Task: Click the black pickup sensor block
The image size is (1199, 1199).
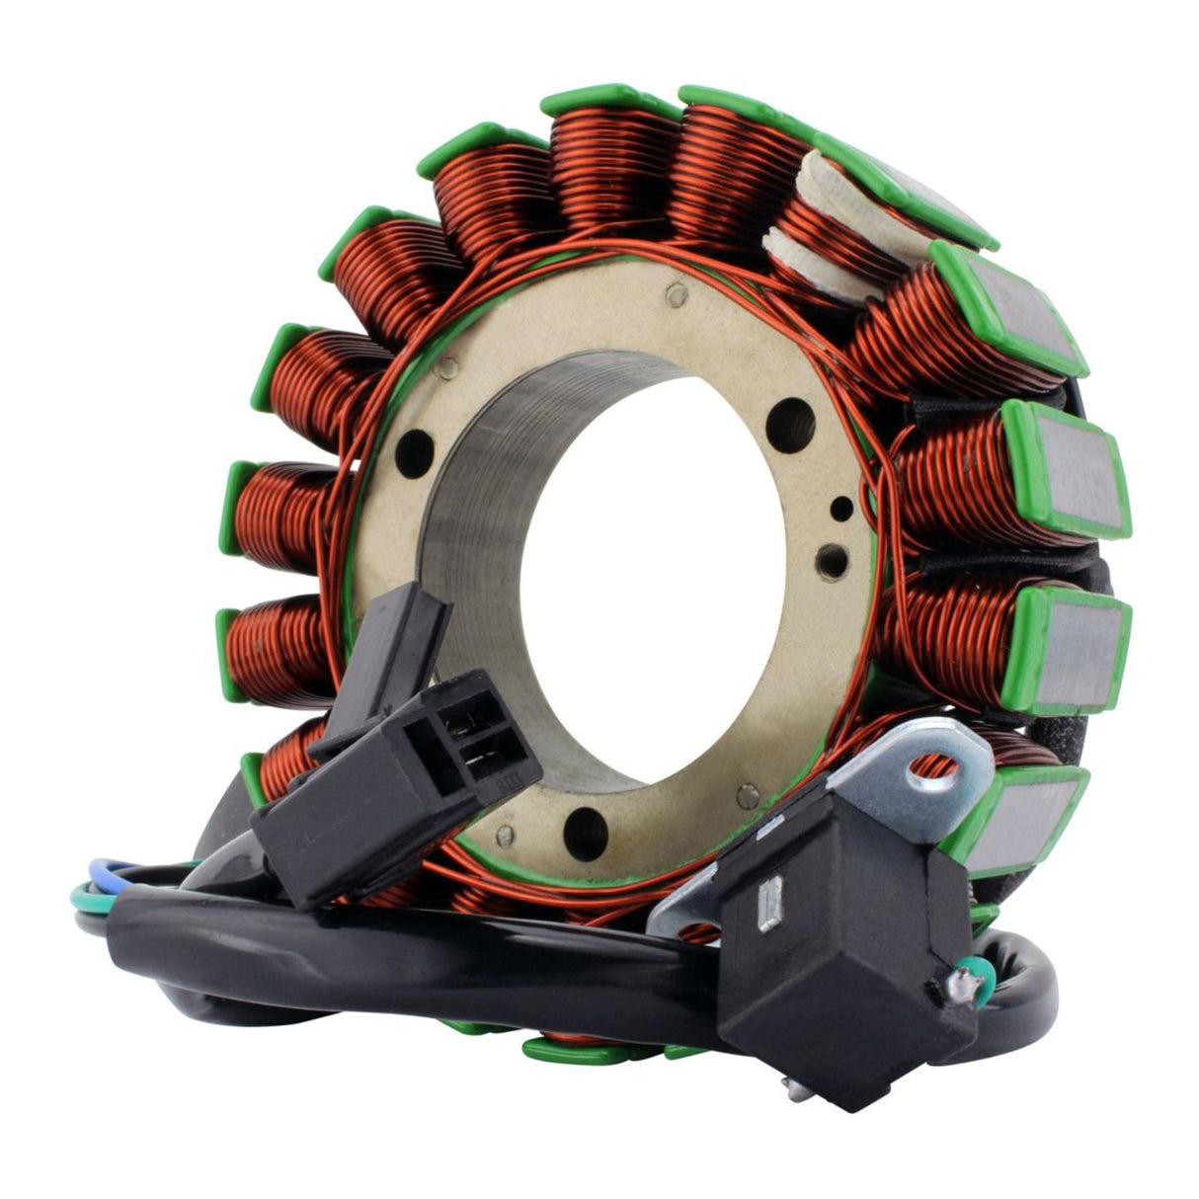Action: pyautogui.click(x=839, y=948)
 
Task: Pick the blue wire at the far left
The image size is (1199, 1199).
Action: pyautogui.click(x=104, y=870)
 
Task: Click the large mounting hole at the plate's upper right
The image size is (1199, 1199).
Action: pyautogui.click(x=790, y=425)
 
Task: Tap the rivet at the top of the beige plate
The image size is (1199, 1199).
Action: pyautogui.click(x=676, y=292)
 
